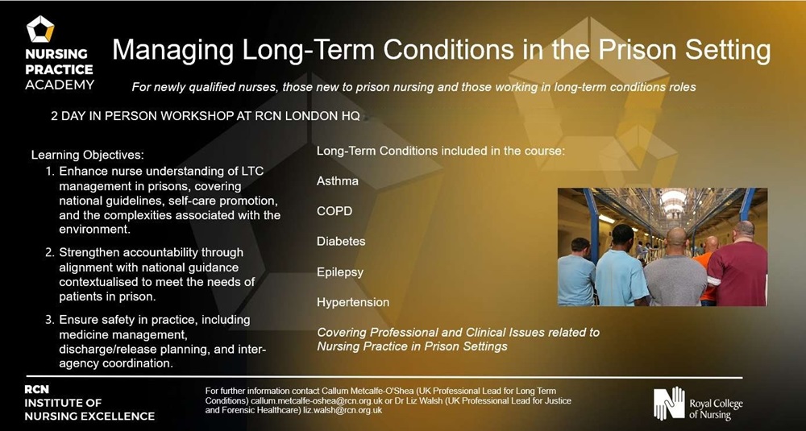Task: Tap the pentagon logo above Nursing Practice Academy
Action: point(40,30)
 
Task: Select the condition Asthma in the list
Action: point(338,180)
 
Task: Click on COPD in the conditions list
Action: point(334,211)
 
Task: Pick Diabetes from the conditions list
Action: point(341,241)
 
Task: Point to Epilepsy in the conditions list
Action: point(340,271)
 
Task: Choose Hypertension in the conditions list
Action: point(353,302)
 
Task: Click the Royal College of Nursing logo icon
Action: point(668,403)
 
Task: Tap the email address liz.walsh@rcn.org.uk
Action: point(342,410)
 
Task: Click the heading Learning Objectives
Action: point(87,154)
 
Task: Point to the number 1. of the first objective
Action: point(50,172)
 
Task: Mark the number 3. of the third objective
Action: point(50,320)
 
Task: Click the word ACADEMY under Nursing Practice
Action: point(60,85)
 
